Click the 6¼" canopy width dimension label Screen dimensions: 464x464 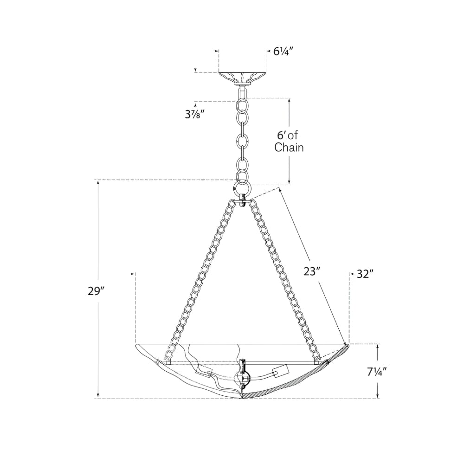(x=283, y=52)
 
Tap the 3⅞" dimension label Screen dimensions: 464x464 (x=195, y=114)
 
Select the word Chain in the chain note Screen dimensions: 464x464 (x=289, y=147)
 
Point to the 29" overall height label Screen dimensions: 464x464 (x=97, y=291)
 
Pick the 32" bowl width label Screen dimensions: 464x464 (x=364, y=274)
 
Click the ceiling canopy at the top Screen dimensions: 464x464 (x=242, y=78)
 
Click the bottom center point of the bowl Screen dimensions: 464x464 (x=242, y=399)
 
